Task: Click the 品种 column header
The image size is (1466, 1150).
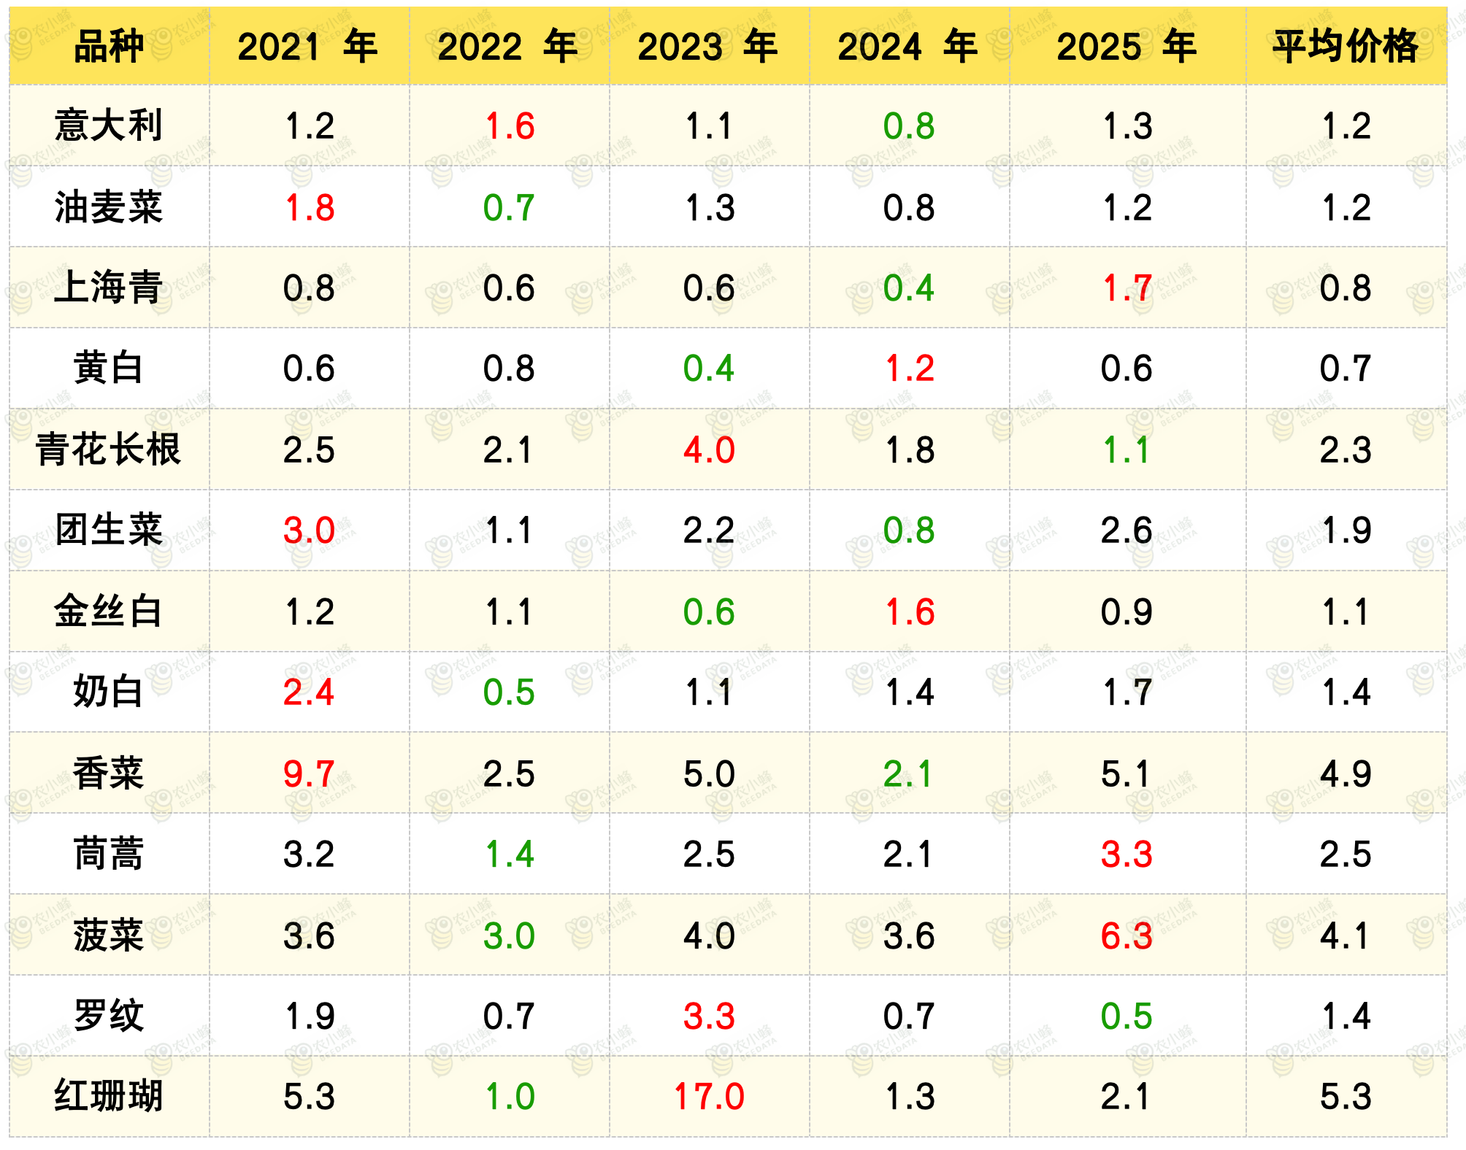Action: tap(109, 46)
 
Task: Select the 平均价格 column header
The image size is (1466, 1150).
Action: tap(1346, 46)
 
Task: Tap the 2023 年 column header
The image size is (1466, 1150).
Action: tap(707, 46)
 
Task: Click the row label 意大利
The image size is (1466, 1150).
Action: tap(109, 125)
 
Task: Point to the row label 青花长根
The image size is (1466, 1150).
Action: tap(109, 449)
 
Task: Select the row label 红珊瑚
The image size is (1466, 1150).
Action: tap(109, 1096)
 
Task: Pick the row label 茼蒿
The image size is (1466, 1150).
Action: tap(109, 853)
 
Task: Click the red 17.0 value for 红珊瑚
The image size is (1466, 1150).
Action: tap(708, 1096)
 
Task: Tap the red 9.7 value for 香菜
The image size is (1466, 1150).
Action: tap(309, 773)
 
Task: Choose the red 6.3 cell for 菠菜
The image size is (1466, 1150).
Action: tap(1127, 935)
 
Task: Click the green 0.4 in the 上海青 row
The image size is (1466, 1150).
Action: tap(908, 287)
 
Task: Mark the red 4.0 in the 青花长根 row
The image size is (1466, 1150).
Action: tap(708, 449)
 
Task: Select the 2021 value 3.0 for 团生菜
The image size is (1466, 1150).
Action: tap(309, 530)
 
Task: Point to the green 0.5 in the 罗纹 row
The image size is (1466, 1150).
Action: tap(1127, 1016)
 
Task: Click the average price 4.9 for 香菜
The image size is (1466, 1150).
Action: tap(1346, 773)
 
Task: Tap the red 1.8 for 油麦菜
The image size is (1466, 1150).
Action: tap(309, 207)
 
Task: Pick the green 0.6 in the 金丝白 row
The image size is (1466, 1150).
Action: tap(708, 611)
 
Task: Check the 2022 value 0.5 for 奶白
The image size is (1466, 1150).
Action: tap(509, 692)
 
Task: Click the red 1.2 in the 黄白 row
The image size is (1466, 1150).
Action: tap(909, 368)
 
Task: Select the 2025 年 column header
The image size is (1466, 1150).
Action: tap(1127, 46)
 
